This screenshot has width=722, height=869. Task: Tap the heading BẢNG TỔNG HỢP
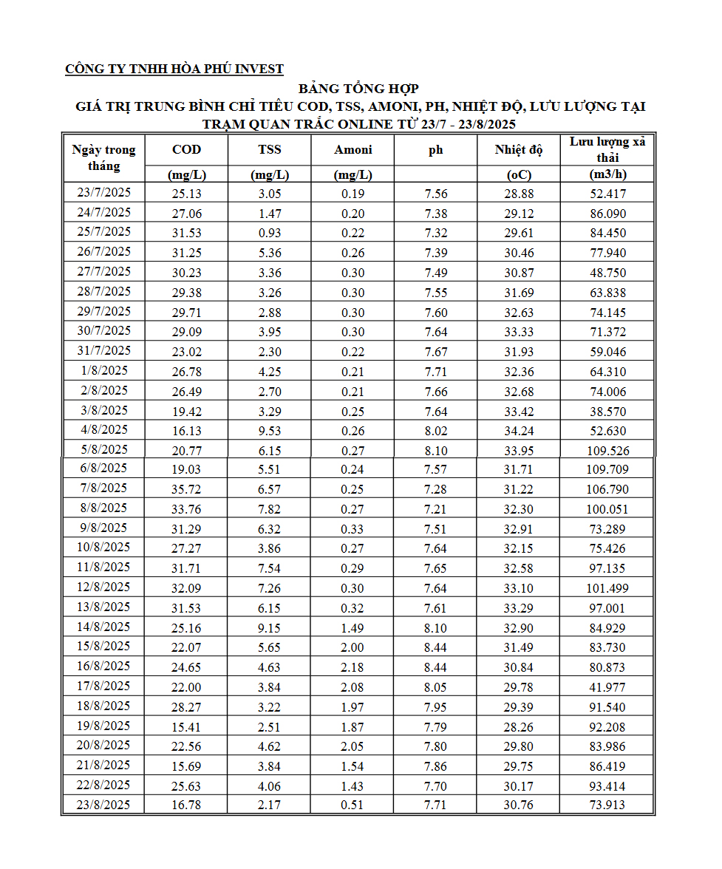358,89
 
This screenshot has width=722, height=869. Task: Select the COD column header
186,150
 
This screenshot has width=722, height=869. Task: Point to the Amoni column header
353,150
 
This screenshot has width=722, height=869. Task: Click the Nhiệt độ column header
519,150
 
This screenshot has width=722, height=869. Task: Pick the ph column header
436,150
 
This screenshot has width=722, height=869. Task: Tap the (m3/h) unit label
607,174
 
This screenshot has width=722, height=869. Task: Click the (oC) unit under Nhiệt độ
519,174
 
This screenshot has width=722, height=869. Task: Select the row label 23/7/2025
103,193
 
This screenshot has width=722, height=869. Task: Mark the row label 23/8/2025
103,805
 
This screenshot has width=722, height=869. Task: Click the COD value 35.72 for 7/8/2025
186,489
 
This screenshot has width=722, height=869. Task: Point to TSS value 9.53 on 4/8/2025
270,430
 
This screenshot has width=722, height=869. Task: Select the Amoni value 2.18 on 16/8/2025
353,667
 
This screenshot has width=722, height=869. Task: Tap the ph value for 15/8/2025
436,647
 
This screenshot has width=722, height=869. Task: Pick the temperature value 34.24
519,430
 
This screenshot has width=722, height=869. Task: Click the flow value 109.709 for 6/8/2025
607,469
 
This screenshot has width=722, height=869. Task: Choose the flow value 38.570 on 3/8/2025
607,410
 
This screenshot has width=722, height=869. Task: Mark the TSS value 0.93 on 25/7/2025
270,233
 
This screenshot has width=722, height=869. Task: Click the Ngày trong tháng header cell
103,157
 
